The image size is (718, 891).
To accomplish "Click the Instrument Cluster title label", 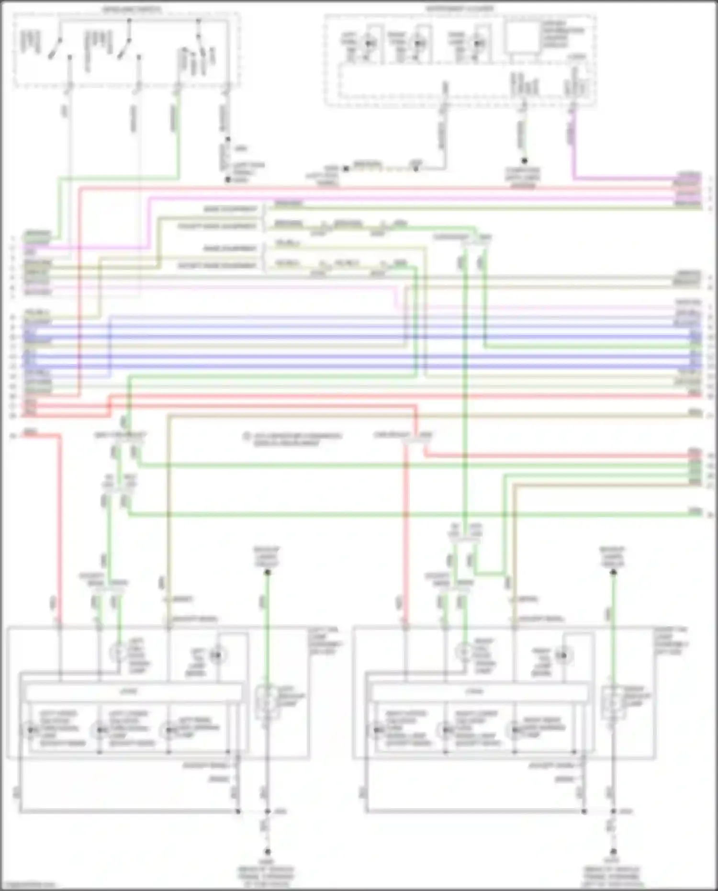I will point(460,9).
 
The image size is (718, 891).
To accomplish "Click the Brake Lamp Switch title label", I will point(132,9).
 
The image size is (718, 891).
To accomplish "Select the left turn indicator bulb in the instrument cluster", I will point(369,43).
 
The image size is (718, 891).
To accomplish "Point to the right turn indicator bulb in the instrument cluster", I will point(419,43).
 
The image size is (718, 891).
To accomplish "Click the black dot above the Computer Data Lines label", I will point(524,161).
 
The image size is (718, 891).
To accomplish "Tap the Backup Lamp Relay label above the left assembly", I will point(267,556).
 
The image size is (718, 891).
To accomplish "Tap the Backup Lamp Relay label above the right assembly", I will point(613,556).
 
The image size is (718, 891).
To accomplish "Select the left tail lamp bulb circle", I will point(218,654).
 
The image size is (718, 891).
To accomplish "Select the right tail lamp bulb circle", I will point(564,654).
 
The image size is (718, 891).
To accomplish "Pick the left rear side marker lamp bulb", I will point(168,731).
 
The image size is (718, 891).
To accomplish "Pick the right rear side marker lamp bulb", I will point(515,731).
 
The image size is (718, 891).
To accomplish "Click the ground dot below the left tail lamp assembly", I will point(267,852).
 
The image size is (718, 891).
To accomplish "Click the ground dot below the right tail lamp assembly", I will point(613,852).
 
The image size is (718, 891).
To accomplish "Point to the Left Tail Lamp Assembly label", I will point(325,640).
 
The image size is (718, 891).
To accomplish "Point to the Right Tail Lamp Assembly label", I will point(671,640).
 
